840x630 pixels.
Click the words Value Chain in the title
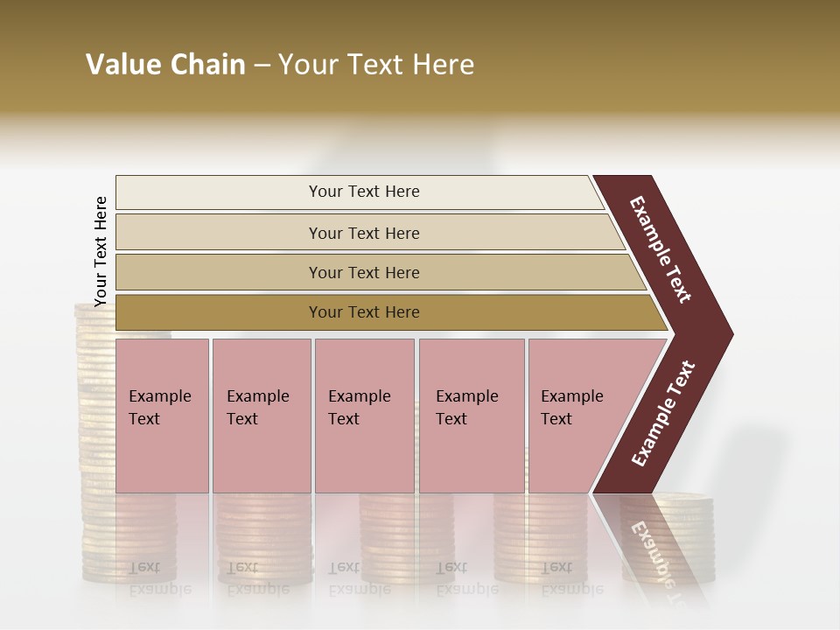pos(165,65)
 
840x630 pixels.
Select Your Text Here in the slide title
pos(376,65)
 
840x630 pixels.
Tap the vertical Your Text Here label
pos(101,251)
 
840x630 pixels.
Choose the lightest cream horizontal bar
pos(363,192)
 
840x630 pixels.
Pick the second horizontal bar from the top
pos(363,233)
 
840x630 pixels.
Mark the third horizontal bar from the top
pos(363,272)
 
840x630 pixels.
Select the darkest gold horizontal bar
pos(363,312)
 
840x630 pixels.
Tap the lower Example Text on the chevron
pos(663,413)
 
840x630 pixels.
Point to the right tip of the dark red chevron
pos(731,333)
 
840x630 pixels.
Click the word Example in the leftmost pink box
pos(159,396)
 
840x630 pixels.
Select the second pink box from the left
pos(262,416)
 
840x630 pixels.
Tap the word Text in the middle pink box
pos(344,419)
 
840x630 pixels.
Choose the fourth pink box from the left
pos(472,416)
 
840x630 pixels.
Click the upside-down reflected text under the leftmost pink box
pos(157,577)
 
